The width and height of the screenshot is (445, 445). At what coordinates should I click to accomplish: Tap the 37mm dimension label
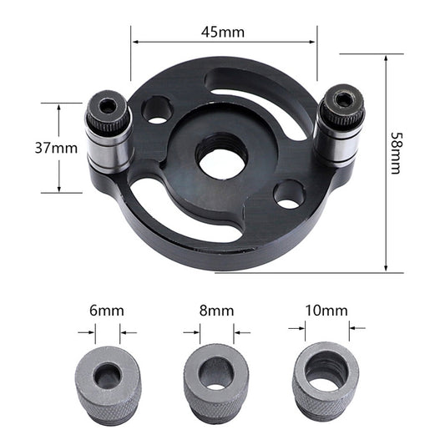(x=56, y=148)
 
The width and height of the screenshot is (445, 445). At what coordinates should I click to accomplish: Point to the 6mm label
(x=107, y=311)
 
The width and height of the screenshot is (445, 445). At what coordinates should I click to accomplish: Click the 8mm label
(x=216, y=311)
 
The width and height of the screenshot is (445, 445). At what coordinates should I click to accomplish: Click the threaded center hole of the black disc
(x=222, y=156)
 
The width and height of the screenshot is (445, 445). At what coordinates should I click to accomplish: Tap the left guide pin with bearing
(x=109, y=134)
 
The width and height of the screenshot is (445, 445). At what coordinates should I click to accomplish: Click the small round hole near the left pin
(x=157, y=110)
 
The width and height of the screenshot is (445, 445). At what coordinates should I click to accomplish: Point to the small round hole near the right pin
(x=289, y=195)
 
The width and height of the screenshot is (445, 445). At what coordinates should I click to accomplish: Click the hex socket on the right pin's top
(x=341, y=99)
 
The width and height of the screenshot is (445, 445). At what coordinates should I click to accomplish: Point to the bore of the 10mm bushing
(x=325, y=372)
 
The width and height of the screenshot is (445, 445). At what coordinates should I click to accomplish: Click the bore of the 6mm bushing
(x=107, y=377)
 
